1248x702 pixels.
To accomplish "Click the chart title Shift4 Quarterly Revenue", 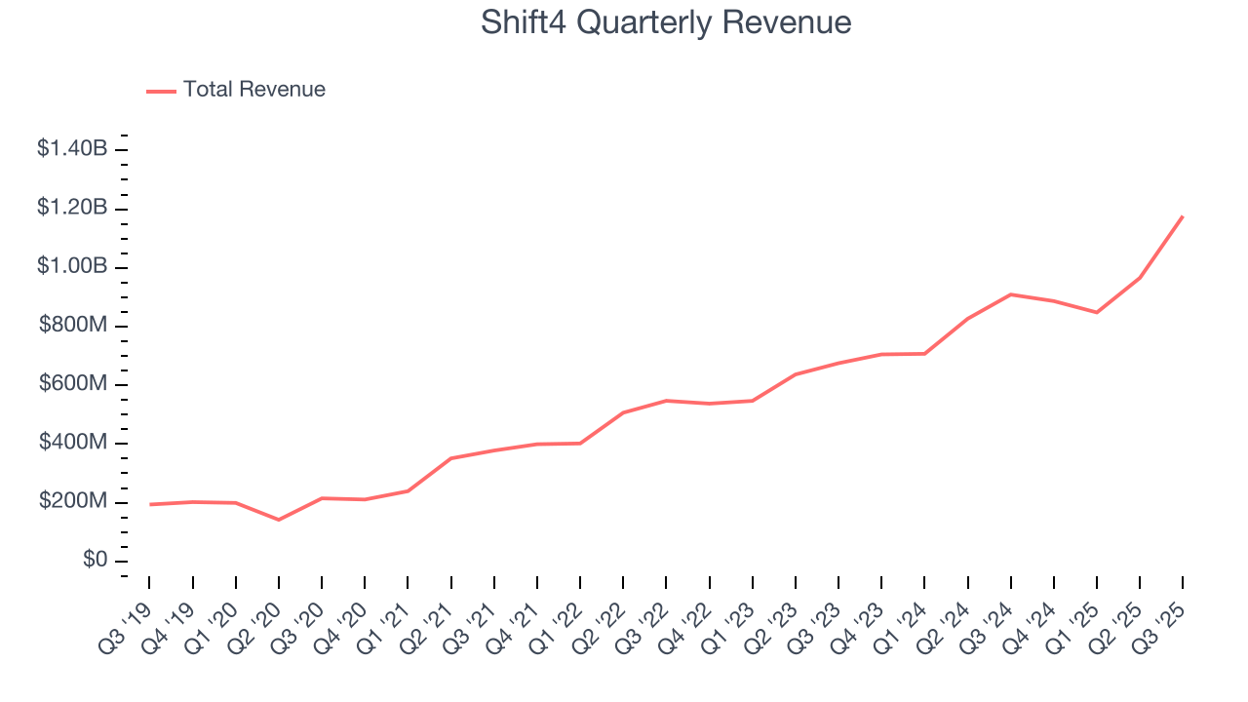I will pos(666,22).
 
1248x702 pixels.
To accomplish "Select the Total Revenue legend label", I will pos(253,90).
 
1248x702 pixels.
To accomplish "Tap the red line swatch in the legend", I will pos(161,91).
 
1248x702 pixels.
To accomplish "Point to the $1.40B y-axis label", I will pos(72,149).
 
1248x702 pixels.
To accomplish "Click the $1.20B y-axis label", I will pos(72,208).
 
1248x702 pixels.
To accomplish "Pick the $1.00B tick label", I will pos(72,266).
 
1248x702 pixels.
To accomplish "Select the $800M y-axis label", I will pos(73,325).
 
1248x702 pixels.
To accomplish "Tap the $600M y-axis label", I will pos(73,384).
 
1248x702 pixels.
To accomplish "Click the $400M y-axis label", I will pos(73,443).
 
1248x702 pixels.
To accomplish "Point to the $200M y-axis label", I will pos(73,501).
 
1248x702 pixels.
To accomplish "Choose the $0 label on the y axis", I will pos(94,561).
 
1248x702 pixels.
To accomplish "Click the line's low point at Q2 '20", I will pos(279,520).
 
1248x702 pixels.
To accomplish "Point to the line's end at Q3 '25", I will pos(1183,216).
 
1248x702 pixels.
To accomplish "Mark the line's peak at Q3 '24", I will pos(1011,294).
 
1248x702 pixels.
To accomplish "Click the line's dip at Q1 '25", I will pos(1097,312).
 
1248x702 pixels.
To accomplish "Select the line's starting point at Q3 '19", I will pos(150,504).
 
